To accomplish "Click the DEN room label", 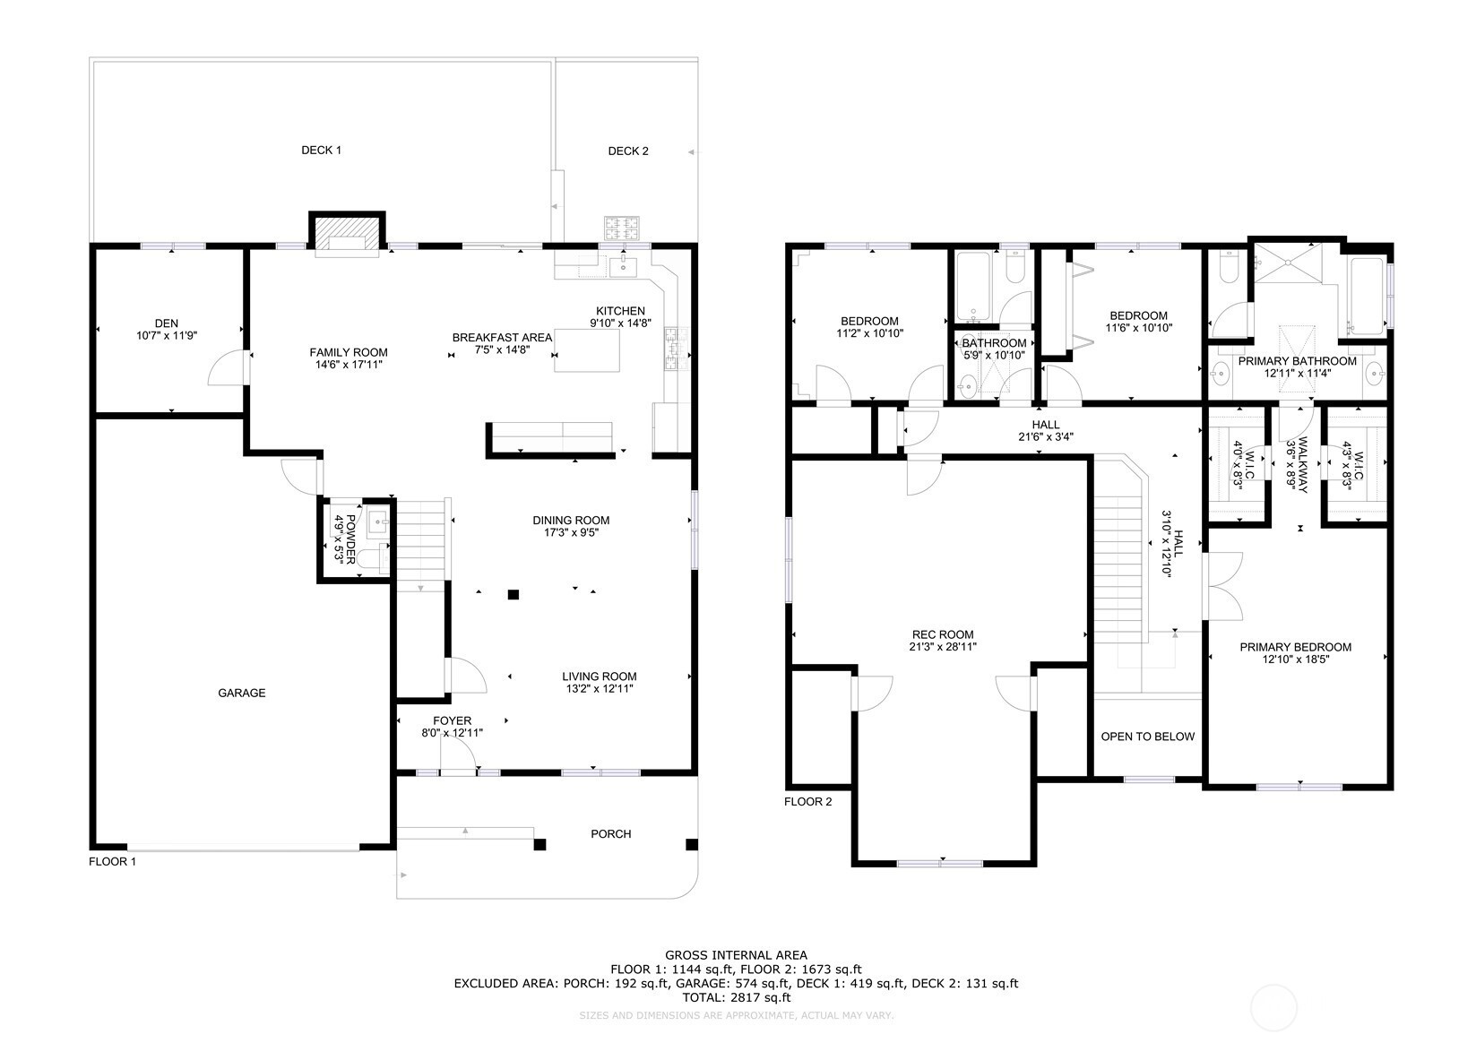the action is coord(167,323).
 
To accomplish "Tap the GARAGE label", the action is coord(242,693).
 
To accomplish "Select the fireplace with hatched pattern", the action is coord(347,233).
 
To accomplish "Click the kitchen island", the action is coord(586,350).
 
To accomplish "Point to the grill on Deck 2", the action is coord(622,228).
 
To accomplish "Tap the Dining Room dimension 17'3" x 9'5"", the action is coord(571,532).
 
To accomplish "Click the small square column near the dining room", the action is coord(514,594).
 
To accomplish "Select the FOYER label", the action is coord(452,720).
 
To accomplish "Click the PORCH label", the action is coord(611,833).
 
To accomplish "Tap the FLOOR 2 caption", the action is coord(807,801).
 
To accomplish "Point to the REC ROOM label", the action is coord(943,634).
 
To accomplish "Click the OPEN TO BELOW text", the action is coord(1148,736).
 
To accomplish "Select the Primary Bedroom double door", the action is coord(1223,586).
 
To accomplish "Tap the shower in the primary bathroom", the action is coord(1288,263).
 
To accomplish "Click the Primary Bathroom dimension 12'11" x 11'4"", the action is coord(1298,373).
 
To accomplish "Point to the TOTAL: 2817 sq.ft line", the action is coord(736,997).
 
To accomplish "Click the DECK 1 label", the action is coord(322,151).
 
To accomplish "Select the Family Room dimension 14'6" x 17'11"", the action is coord(349,365).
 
